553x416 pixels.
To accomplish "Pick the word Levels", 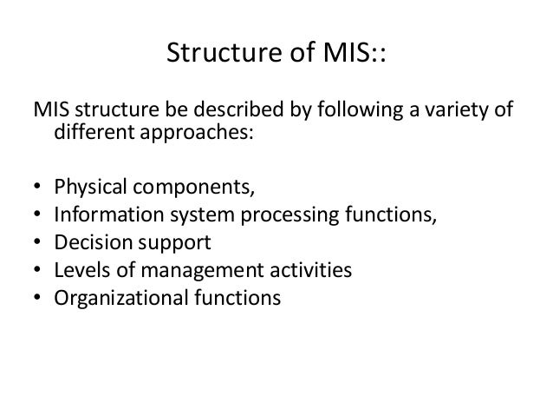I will [x=78, y=271].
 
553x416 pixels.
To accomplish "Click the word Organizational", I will [x=118, y=299].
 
